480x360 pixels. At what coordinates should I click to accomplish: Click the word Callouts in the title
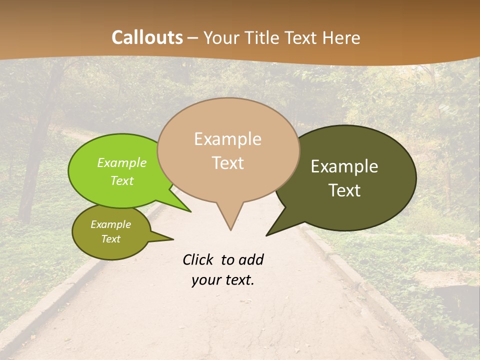click(147, 37)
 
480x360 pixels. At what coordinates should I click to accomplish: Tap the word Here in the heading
click(341, 37)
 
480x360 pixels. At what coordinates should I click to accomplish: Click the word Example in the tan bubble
click(228, 139)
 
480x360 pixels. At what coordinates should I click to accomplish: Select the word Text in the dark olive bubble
click(345, 190)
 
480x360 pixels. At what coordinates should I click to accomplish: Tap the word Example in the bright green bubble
click(122, 163)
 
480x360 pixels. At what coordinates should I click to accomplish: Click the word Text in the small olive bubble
click(111, 239)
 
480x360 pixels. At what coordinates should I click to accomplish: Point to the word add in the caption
click(251, 260)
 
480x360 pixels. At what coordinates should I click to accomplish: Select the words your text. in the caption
click(223, 280)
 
